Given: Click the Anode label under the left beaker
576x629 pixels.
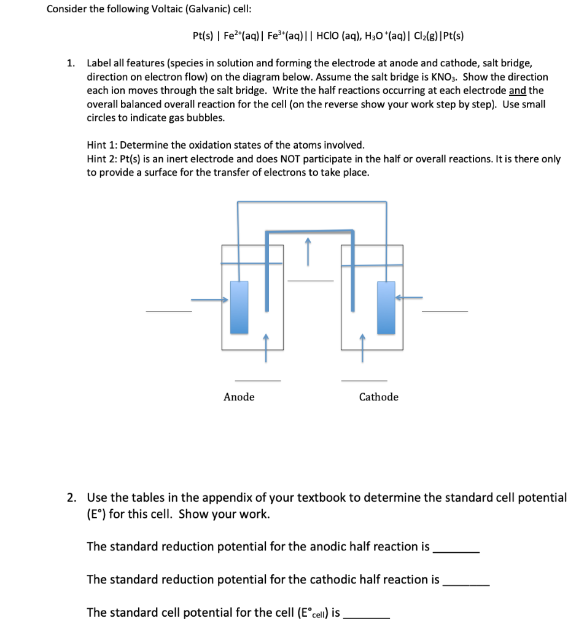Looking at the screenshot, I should click(239, 397).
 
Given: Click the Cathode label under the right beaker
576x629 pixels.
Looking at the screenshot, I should click(378, 397).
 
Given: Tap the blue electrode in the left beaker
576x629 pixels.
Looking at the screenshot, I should click(239, 307).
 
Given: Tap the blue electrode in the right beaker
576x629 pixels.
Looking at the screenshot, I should click(386, 307).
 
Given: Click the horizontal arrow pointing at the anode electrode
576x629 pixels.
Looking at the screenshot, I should click(209, 300).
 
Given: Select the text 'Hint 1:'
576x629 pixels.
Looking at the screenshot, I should click(103, 145).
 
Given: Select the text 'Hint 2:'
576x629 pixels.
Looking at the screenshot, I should click(103, 159).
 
